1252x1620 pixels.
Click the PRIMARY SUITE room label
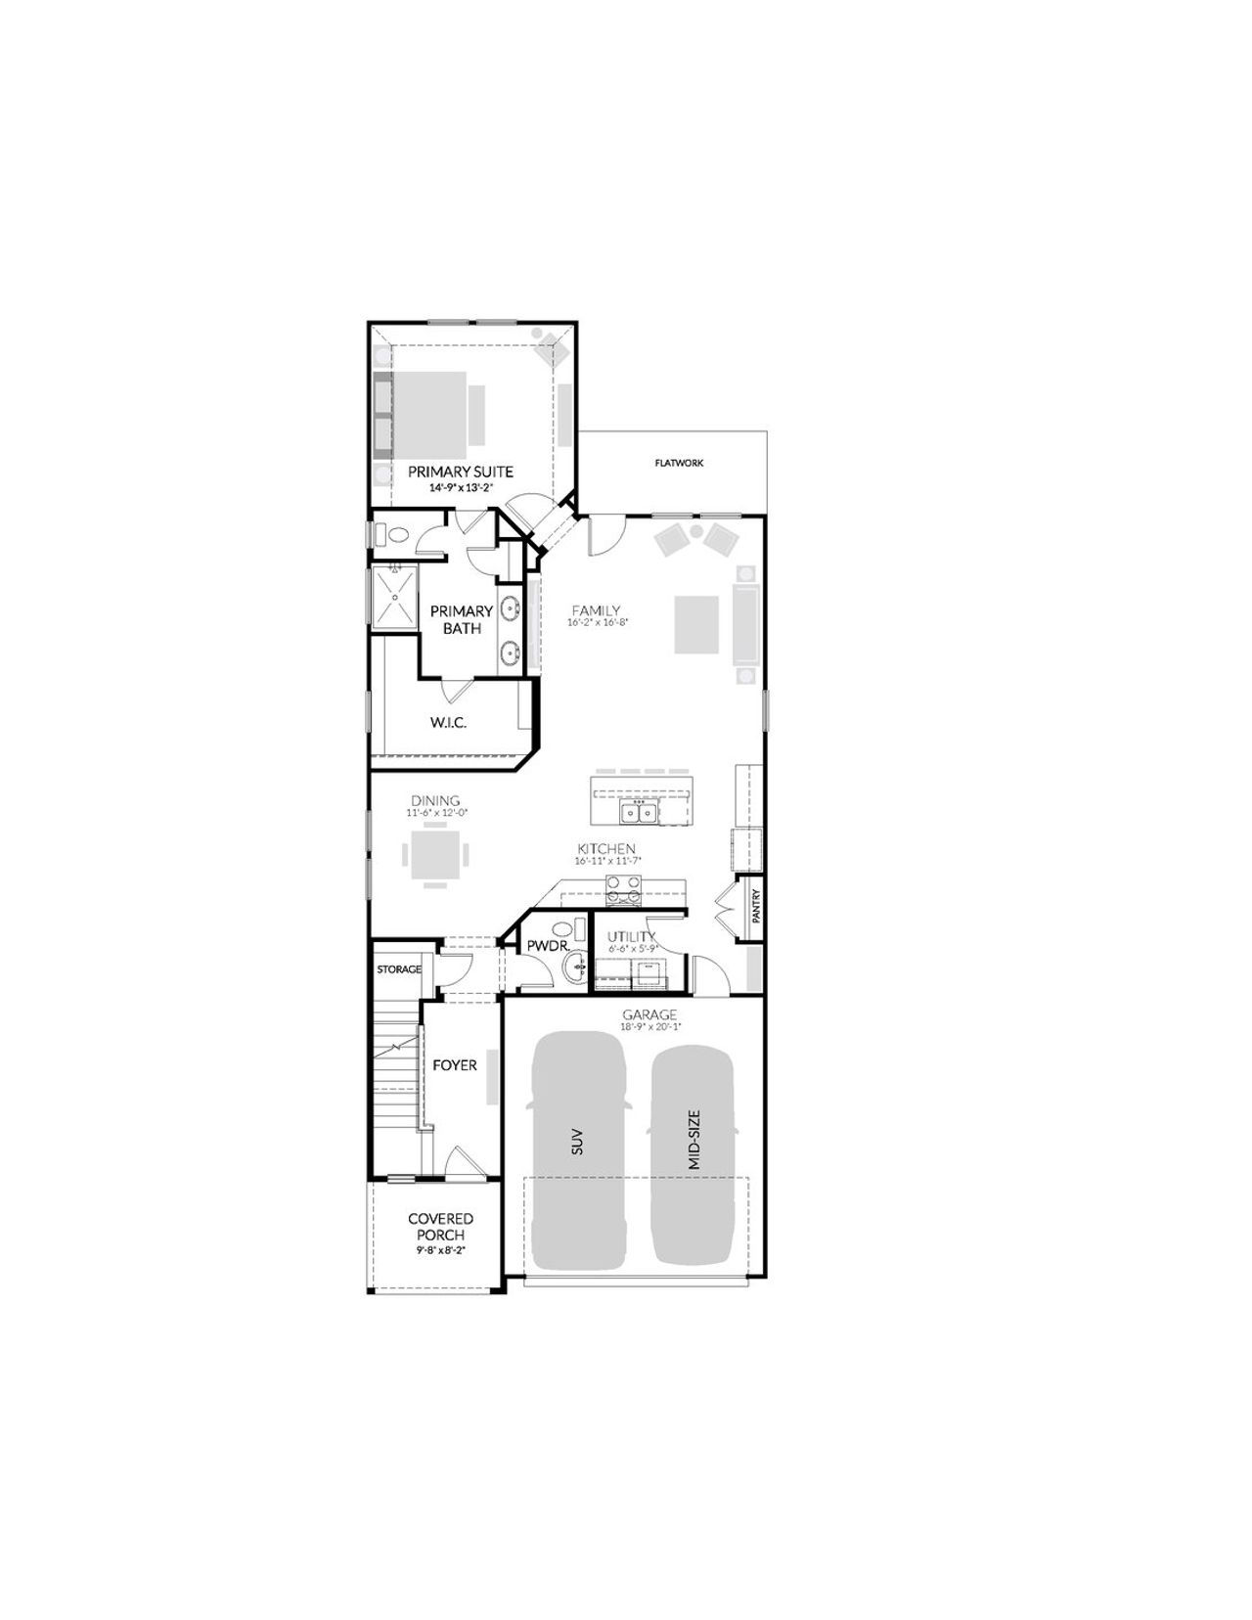pos(460,472)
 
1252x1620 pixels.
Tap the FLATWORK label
pos(679,464)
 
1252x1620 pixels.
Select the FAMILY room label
pos(596,611)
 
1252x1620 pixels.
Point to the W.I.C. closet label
pos(448,723)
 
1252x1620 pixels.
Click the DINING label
pos(436,801)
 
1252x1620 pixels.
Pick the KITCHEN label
pos(606,849)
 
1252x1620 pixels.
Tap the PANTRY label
pos(756,906)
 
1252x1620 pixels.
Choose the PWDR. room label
pos(541,946)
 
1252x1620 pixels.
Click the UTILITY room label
pos(631,937)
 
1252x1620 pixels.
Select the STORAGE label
pos(399,969)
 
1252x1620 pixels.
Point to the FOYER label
pos(455,1064)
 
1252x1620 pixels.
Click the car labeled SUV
pos(577,1145)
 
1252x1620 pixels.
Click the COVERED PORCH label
pos(440,1227)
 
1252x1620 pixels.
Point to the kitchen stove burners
pos(623,889)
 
